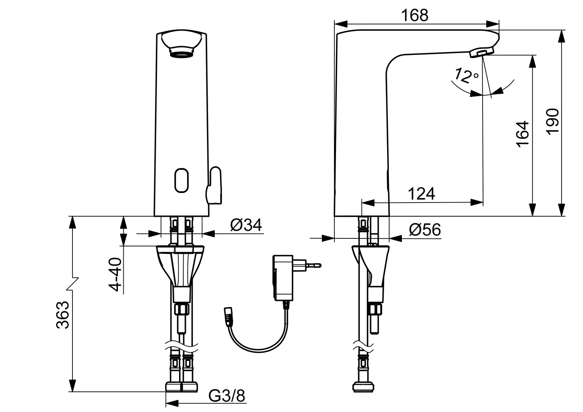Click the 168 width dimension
[x=414, y=16]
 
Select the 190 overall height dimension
[x=552, y=122]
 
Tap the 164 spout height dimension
[x=522, y=134]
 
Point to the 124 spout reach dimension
[x=422, y=194]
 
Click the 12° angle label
[x=466, y=75]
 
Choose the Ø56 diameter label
[x=425, y=229]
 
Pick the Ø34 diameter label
[x=246, y=225]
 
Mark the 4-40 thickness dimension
[x=115, y=274]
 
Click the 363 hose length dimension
[x=63, y=315]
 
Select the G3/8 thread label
[x=227, y=396]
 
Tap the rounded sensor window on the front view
[x=181, y=180]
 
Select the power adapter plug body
[x=283, y=278]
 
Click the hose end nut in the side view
[x=363, y=386]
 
